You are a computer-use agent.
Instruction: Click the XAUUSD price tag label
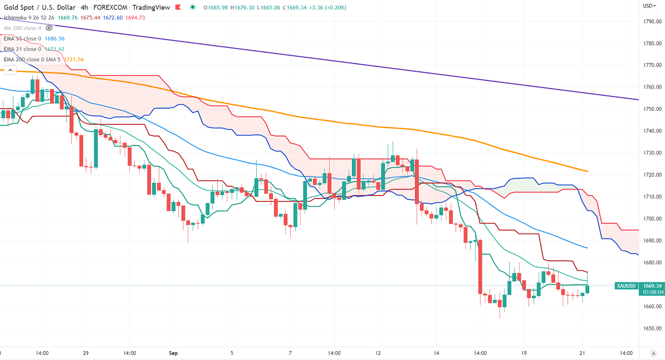pyautogui.click(x=626, y=286)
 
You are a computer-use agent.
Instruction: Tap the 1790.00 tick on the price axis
pyautogui.click(x=652, y=22)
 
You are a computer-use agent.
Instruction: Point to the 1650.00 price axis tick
pyautogui.click(x=652, y=328)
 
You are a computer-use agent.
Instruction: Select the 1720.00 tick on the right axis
pyautogui.click(x=652, y=175)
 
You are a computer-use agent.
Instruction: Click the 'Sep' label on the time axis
pyautogui.click(x=173, y=353)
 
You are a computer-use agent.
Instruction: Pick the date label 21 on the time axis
pyautogui.click(x=581, y=353)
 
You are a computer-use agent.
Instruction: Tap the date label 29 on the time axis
pyautogui.click(x=86, y=353)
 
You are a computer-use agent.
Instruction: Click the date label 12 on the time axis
pyautogui.click(x=378, y=353)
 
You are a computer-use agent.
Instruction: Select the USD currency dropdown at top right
pyautogui.click(x=649, y=6)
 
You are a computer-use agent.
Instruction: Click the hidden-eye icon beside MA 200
pyautogui.click(x=50, y=27)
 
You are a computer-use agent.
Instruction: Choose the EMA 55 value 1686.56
pyautogui.click(x=55, y=38)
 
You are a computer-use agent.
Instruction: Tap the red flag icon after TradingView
pyautogui.click(x=178, y=7)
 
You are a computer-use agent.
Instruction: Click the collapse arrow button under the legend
pyautogui.click(x=9, y=70)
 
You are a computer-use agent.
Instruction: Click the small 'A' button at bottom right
pyautogui.click(x=653, y=353)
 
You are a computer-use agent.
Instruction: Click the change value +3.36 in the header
pyautogui.click(x=316, y=7)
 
